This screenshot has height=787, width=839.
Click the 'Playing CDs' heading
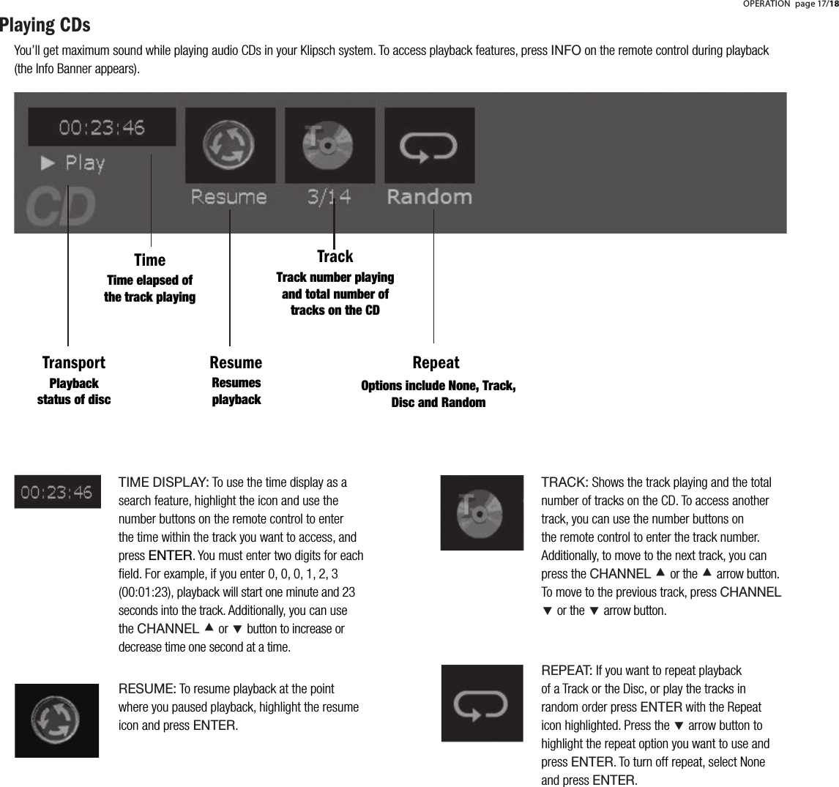pyautogui.click(x=45, y=26)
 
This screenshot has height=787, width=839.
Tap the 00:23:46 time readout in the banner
pyautogui.click(x=102, y=128)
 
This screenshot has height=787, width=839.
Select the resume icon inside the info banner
pyautogui.click(x=229, y=144)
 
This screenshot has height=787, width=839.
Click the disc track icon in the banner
pyautogui.click(x=329, y=144)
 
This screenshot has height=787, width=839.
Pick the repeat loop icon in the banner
pyautogui.click(x=429, y=145)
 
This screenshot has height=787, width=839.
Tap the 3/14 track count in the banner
pyautogui.click(x=329, y=197)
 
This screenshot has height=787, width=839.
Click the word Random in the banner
pyautogui.click(x=429, y=197)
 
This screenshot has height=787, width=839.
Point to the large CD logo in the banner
pyautogui.click(x=61, y=207)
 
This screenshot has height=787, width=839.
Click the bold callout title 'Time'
pyautogui.click(x=149, y=260)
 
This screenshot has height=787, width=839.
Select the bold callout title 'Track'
pyautogui.click(x=335, y=256)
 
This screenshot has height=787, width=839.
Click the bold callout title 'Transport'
pyautogui.click(x=73, y=362)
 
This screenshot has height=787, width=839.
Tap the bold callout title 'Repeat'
pyautogui.click(x=436, y=362)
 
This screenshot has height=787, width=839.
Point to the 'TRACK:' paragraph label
pyautogui.click(x=564, y=482)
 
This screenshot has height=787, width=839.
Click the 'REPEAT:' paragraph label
pyautogui.click(x=567, y=671)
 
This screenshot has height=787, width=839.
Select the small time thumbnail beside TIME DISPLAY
pyautogui.click(x=57, y=492)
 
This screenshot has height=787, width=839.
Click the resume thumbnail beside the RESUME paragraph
pyautogui.click(x=57, y=720)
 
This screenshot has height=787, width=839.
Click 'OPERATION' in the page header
pyautogui.click(x=767, y=4)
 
